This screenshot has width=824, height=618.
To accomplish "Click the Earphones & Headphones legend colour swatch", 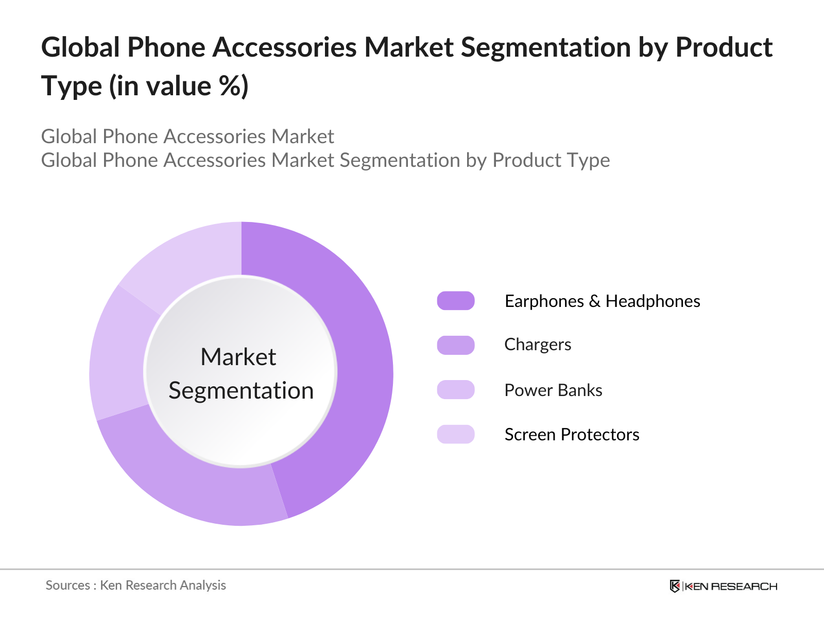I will pos(456,301).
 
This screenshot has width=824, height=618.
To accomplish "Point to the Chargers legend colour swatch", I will pos(456,345).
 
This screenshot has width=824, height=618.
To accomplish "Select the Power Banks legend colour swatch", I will pos(456,390).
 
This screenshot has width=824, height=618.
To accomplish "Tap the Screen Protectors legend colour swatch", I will pos(456,434).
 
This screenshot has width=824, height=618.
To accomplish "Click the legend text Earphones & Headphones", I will pos(602,301).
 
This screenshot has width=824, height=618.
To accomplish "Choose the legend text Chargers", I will pos(538,345).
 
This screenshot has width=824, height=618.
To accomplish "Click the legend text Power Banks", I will pos(553,390).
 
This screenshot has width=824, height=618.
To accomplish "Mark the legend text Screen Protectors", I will pos(572,435).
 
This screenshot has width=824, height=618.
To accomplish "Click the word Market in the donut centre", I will pos(238,357).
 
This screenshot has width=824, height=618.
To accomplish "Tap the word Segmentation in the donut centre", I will pos(241,390).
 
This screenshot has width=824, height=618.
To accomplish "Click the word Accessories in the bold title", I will pos(284,47).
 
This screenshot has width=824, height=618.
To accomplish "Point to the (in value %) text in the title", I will pos(179,86).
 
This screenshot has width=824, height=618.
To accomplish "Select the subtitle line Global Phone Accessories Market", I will pos(187,136).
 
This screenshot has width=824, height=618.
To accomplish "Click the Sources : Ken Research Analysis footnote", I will pos(136,586).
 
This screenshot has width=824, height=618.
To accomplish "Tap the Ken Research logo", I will pos(724,586).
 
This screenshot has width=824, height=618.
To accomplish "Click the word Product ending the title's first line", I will pos(724,47).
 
